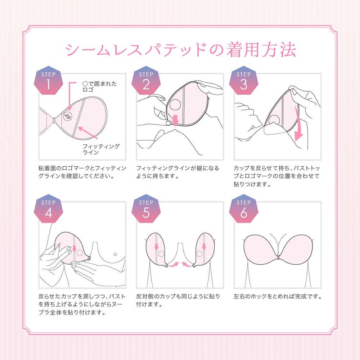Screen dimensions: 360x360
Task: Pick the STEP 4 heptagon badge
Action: click(49, 208)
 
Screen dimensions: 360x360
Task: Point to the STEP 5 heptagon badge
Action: click(146, 208)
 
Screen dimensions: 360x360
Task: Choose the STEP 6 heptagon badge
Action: click(244, 208)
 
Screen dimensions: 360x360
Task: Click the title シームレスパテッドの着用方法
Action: click(180, 50)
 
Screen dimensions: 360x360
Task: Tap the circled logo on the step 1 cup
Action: click(68, 116)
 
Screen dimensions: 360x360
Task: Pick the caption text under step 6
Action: click(278, 297)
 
